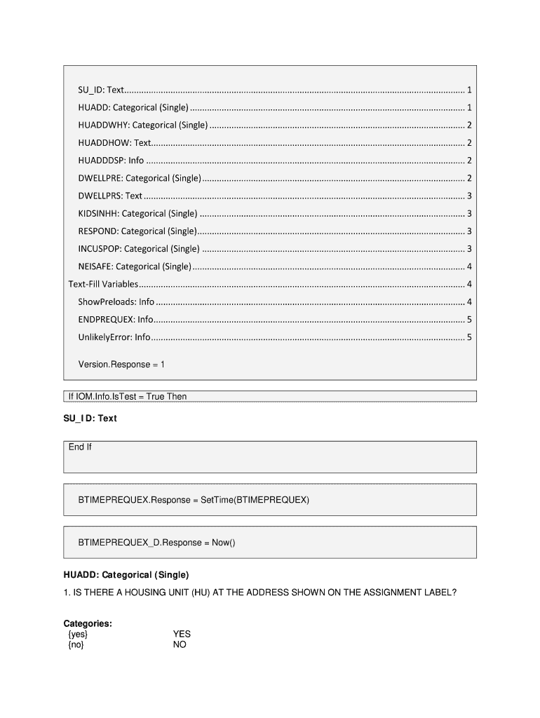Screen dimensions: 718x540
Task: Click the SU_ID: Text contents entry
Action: click(101, 90)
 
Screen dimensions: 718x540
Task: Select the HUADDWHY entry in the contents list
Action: click(143, 126)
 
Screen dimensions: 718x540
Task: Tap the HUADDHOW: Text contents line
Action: click(114, 143)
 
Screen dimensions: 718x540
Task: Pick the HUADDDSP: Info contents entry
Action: click(111, 161)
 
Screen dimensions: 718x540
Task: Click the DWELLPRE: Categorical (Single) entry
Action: click(140, 178)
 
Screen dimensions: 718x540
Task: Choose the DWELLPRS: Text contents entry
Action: click(110, 196)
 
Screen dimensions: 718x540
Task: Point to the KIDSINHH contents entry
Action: click(137, 213)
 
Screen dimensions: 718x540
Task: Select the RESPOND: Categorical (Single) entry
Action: click(137, 231)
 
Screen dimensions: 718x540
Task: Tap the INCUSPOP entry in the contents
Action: click(139, 248)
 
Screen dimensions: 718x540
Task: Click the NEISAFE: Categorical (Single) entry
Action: click(134, 266)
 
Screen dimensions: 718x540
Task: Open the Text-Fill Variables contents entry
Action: click(103, 284)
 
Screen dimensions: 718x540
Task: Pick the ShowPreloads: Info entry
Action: click(116, 302)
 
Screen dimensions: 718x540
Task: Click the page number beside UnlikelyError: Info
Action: click(468, 337)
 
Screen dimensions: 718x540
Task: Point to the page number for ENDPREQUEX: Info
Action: click(468, 320)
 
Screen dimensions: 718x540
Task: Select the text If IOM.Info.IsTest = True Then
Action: click(128, 397)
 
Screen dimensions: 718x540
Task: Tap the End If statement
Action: click(80, 447)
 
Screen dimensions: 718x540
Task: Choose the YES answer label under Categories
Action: click(182, 634)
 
